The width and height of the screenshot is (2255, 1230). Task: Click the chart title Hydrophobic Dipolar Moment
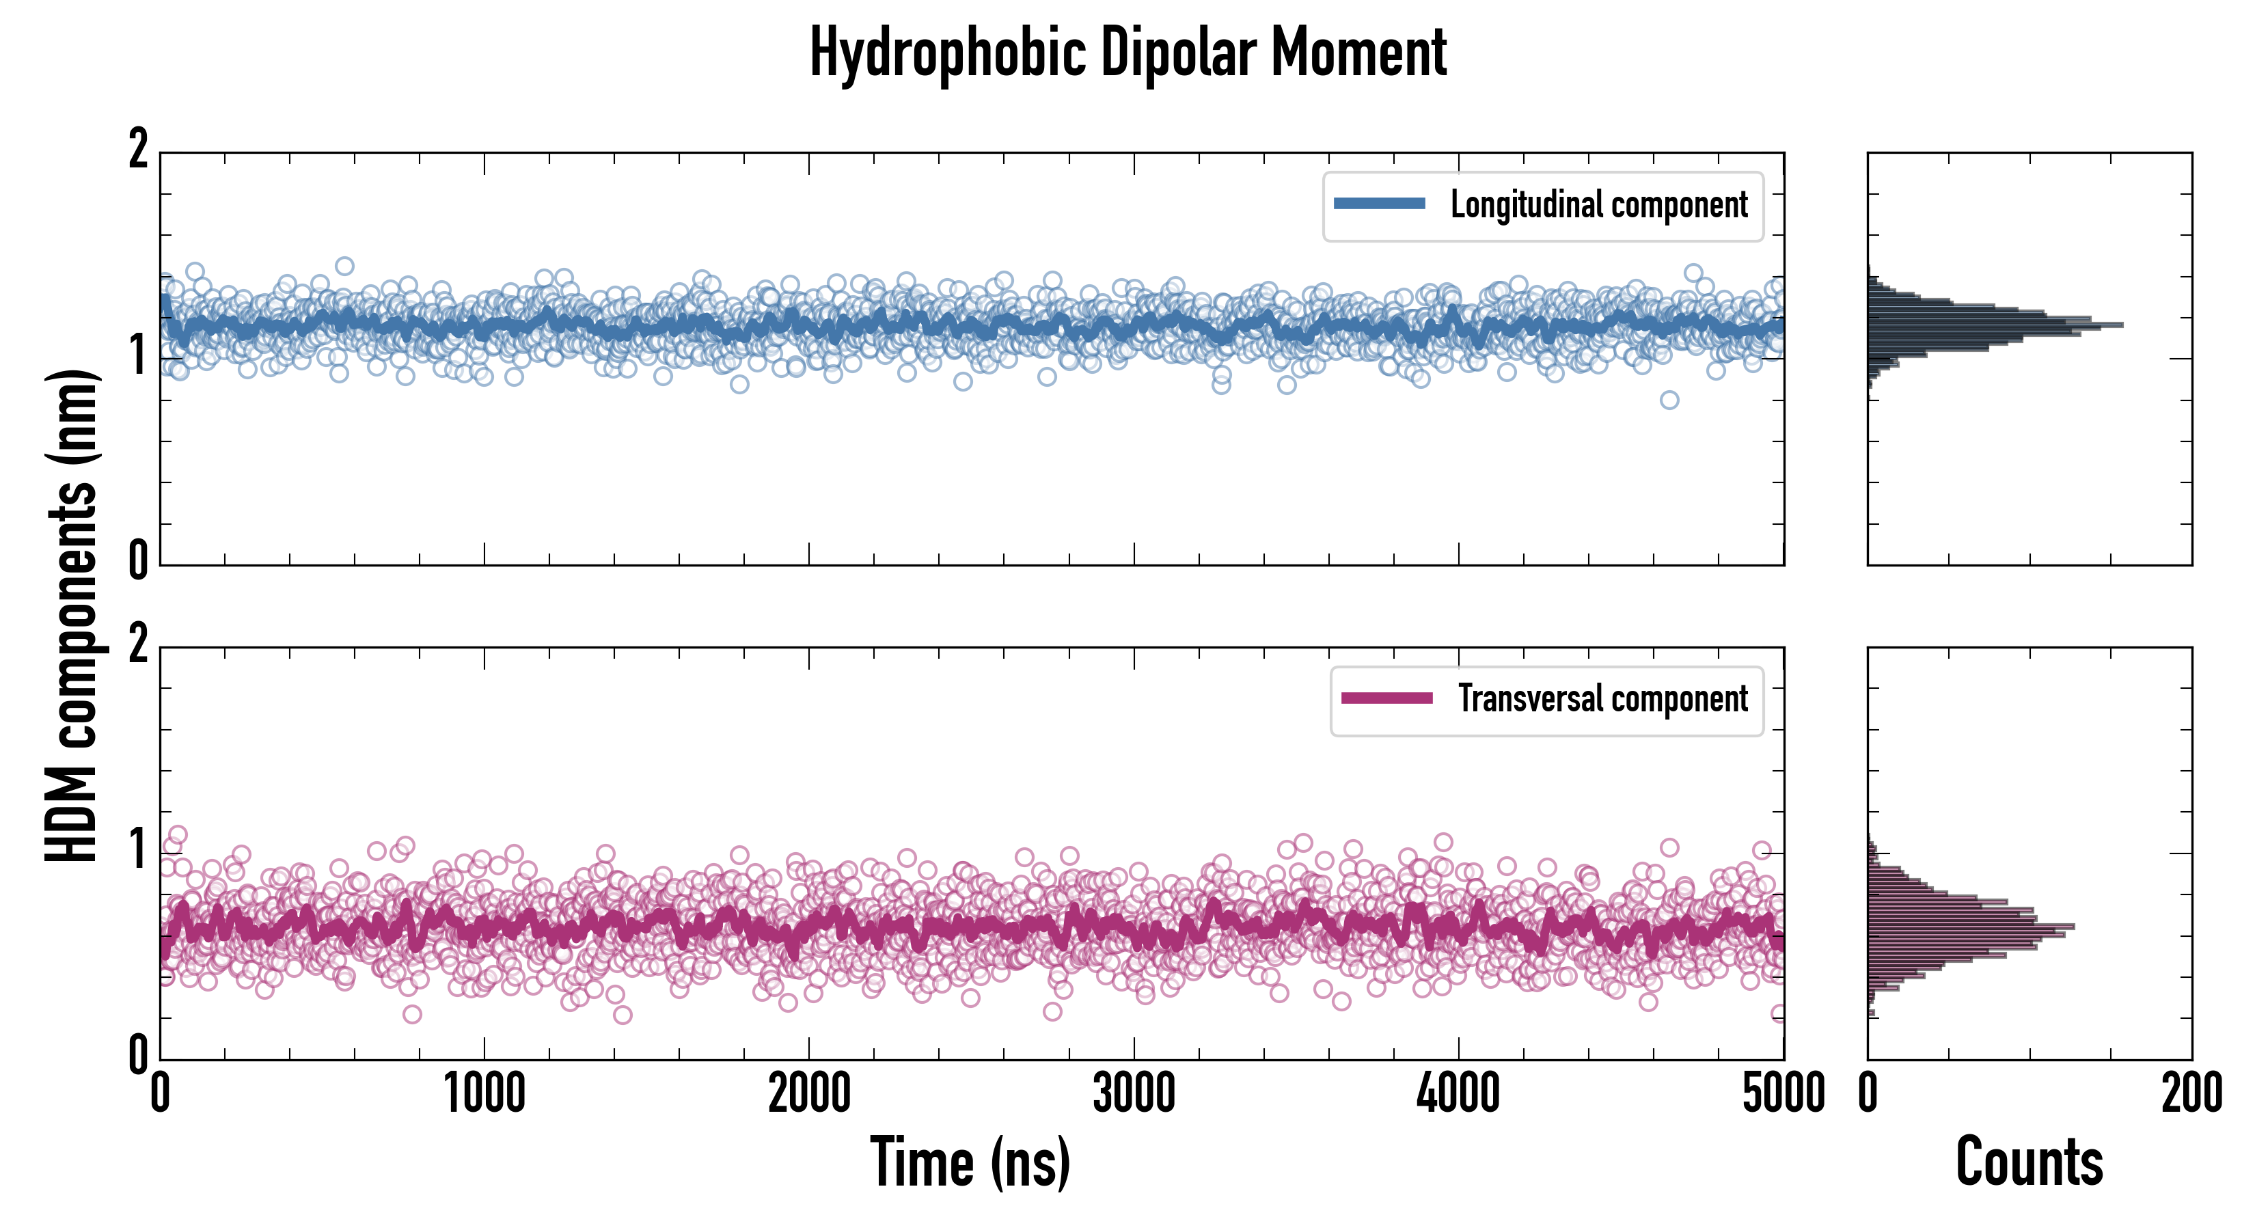pos(1127,53)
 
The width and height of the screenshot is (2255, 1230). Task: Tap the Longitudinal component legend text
pos(1598,205)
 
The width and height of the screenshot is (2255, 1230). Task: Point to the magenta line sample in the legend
pos(1386,698)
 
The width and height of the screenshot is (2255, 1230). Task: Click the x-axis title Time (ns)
pos(970,1162)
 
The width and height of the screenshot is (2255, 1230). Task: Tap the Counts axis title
pos(2029,1162)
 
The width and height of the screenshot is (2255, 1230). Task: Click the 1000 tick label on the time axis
pos(484,1094)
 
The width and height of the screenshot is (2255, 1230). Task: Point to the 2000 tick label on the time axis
pos(809,1094)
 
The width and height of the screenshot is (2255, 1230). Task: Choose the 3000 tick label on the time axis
pos(1134,1094)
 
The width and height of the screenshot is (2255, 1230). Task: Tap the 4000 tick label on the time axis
pos(1458,1094)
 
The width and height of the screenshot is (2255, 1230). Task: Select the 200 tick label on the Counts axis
pos(2191,1094)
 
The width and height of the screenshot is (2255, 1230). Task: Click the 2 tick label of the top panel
pos(138,150)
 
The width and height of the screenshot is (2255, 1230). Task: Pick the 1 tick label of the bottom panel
pos(138,849)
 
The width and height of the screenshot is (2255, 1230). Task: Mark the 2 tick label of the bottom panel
pos(138,645)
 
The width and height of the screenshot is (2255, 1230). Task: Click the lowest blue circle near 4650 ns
pos(1669,400)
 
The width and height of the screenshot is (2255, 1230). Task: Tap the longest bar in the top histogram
pos(1996,325)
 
